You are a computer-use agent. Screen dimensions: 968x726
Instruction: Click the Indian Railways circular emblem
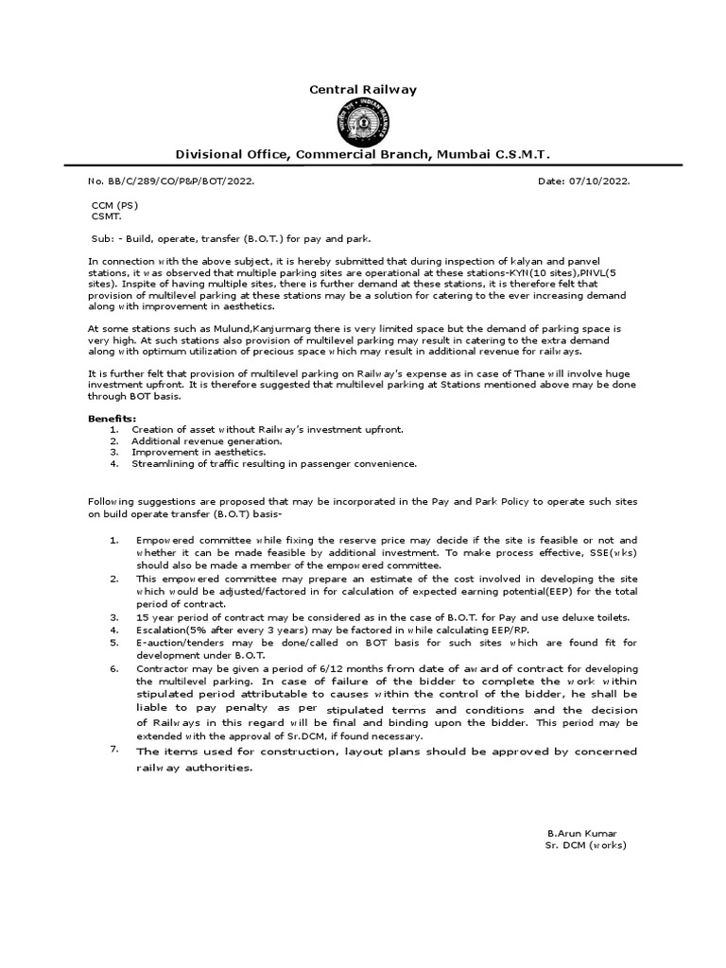tap(363, 123)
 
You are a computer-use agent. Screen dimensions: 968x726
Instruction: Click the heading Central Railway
tap(363, 90)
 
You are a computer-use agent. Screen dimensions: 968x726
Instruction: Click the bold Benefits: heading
tap(112, 418)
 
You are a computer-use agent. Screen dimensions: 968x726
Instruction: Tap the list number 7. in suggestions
tap(113, 750)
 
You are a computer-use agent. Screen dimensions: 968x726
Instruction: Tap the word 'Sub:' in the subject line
tap(102, 240)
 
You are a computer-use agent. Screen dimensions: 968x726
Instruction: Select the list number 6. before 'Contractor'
tap(113, 668)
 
